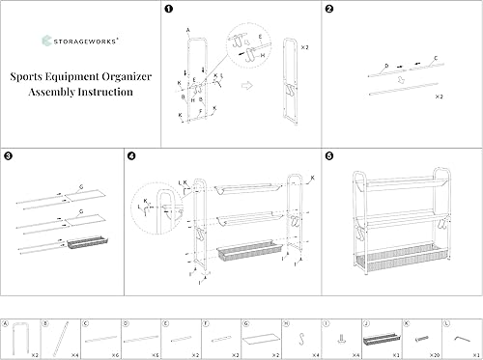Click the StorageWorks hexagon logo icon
click(48, 41)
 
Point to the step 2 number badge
click(329, 11)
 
